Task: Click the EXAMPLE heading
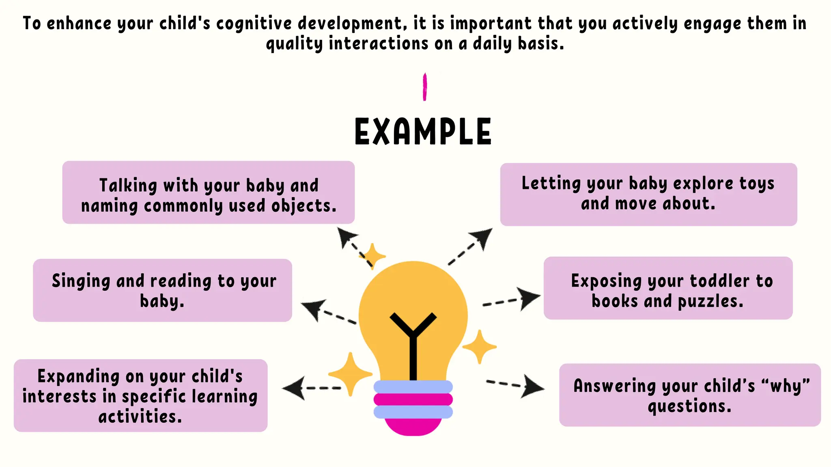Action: click(x=423, y=131)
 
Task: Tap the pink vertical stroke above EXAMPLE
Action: click(x=425, y=87)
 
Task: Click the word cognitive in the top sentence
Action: click(x=254, y=24)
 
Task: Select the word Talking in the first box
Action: click(x=128, y=186)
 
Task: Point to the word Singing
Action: click(x=81, y=281)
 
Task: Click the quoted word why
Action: click(x=786, y=386)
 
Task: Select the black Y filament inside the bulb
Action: click(x=413, y=341)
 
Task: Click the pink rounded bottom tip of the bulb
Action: click(x=413, y=427)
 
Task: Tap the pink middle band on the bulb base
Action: click(x=413, y=400)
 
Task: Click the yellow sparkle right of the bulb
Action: click(x=480, y=347)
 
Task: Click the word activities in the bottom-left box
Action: click(x=140, y=417)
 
